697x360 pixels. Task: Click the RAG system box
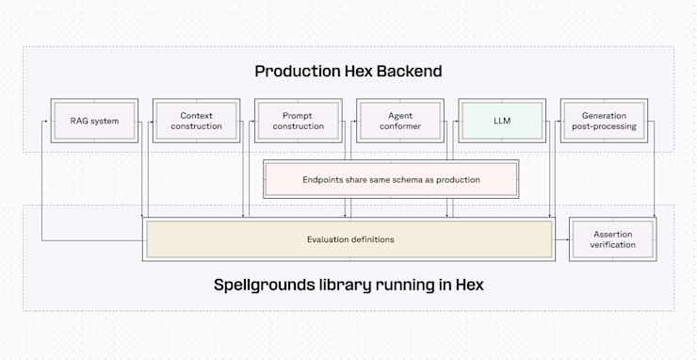(x=93, y=121)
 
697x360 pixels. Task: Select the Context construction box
(x=196, y=121)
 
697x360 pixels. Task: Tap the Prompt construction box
(x=298, y=121)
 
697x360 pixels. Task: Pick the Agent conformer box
(x=399, y=121)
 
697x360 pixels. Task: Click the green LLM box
(x=501, y=121)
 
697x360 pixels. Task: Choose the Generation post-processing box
(x=603, y=121)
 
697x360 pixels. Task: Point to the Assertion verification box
(x=612, y=239)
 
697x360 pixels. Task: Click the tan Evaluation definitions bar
(x=348, y=239)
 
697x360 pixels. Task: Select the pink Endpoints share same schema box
(x=391, y=179)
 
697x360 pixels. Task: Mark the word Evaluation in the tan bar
(x=327, y=239)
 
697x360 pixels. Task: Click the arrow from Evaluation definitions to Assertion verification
(x=561, y=239)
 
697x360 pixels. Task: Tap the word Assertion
(x=612, y=234)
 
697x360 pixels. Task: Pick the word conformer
(x=399, y=126)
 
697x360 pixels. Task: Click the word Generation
(x=603, y=115)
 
